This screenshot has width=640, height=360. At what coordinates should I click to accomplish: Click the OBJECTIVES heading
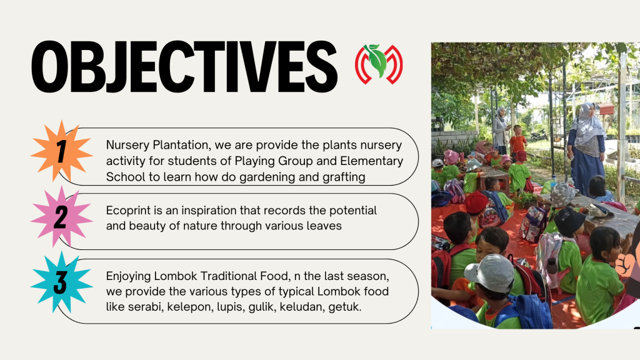184,67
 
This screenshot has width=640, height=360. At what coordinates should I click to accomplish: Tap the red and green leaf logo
379,64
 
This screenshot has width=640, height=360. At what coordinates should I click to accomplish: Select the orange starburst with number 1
62,151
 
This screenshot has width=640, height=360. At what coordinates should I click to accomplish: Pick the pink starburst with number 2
62,217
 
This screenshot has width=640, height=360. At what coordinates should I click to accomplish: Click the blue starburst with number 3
62,282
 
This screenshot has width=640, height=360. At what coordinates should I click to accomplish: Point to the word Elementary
371,161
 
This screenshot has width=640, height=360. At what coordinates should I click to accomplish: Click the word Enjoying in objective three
128,276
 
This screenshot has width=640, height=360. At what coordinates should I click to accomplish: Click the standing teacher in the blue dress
586,149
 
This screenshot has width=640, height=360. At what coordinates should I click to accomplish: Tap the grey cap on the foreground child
490,272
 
